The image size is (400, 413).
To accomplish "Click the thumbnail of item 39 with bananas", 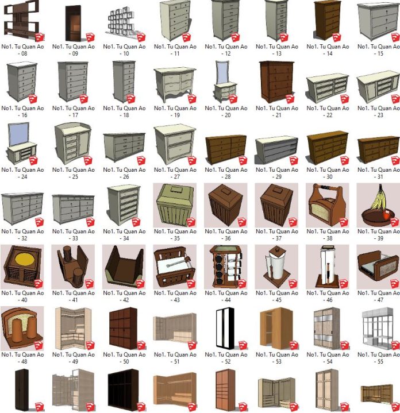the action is [x=378, y=205].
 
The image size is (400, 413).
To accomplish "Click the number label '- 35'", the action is [x=175, y=238].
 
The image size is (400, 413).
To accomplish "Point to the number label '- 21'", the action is [x=276, y=115].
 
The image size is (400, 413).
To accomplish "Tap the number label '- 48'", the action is [x=22, y=361].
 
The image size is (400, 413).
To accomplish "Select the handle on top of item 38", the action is [x=327, y=188].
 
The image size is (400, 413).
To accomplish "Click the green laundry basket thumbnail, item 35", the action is [x=175, y=205].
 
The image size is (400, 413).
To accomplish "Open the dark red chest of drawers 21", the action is [x=276, y=82].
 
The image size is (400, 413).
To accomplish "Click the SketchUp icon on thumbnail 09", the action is [x=90, y=37].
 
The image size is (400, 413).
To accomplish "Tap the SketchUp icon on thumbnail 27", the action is [x=192, y=161].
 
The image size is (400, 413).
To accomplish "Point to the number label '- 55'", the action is [x=378, y=361].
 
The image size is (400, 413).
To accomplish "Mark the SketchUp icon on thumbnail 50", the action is [x=141, y=345].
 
